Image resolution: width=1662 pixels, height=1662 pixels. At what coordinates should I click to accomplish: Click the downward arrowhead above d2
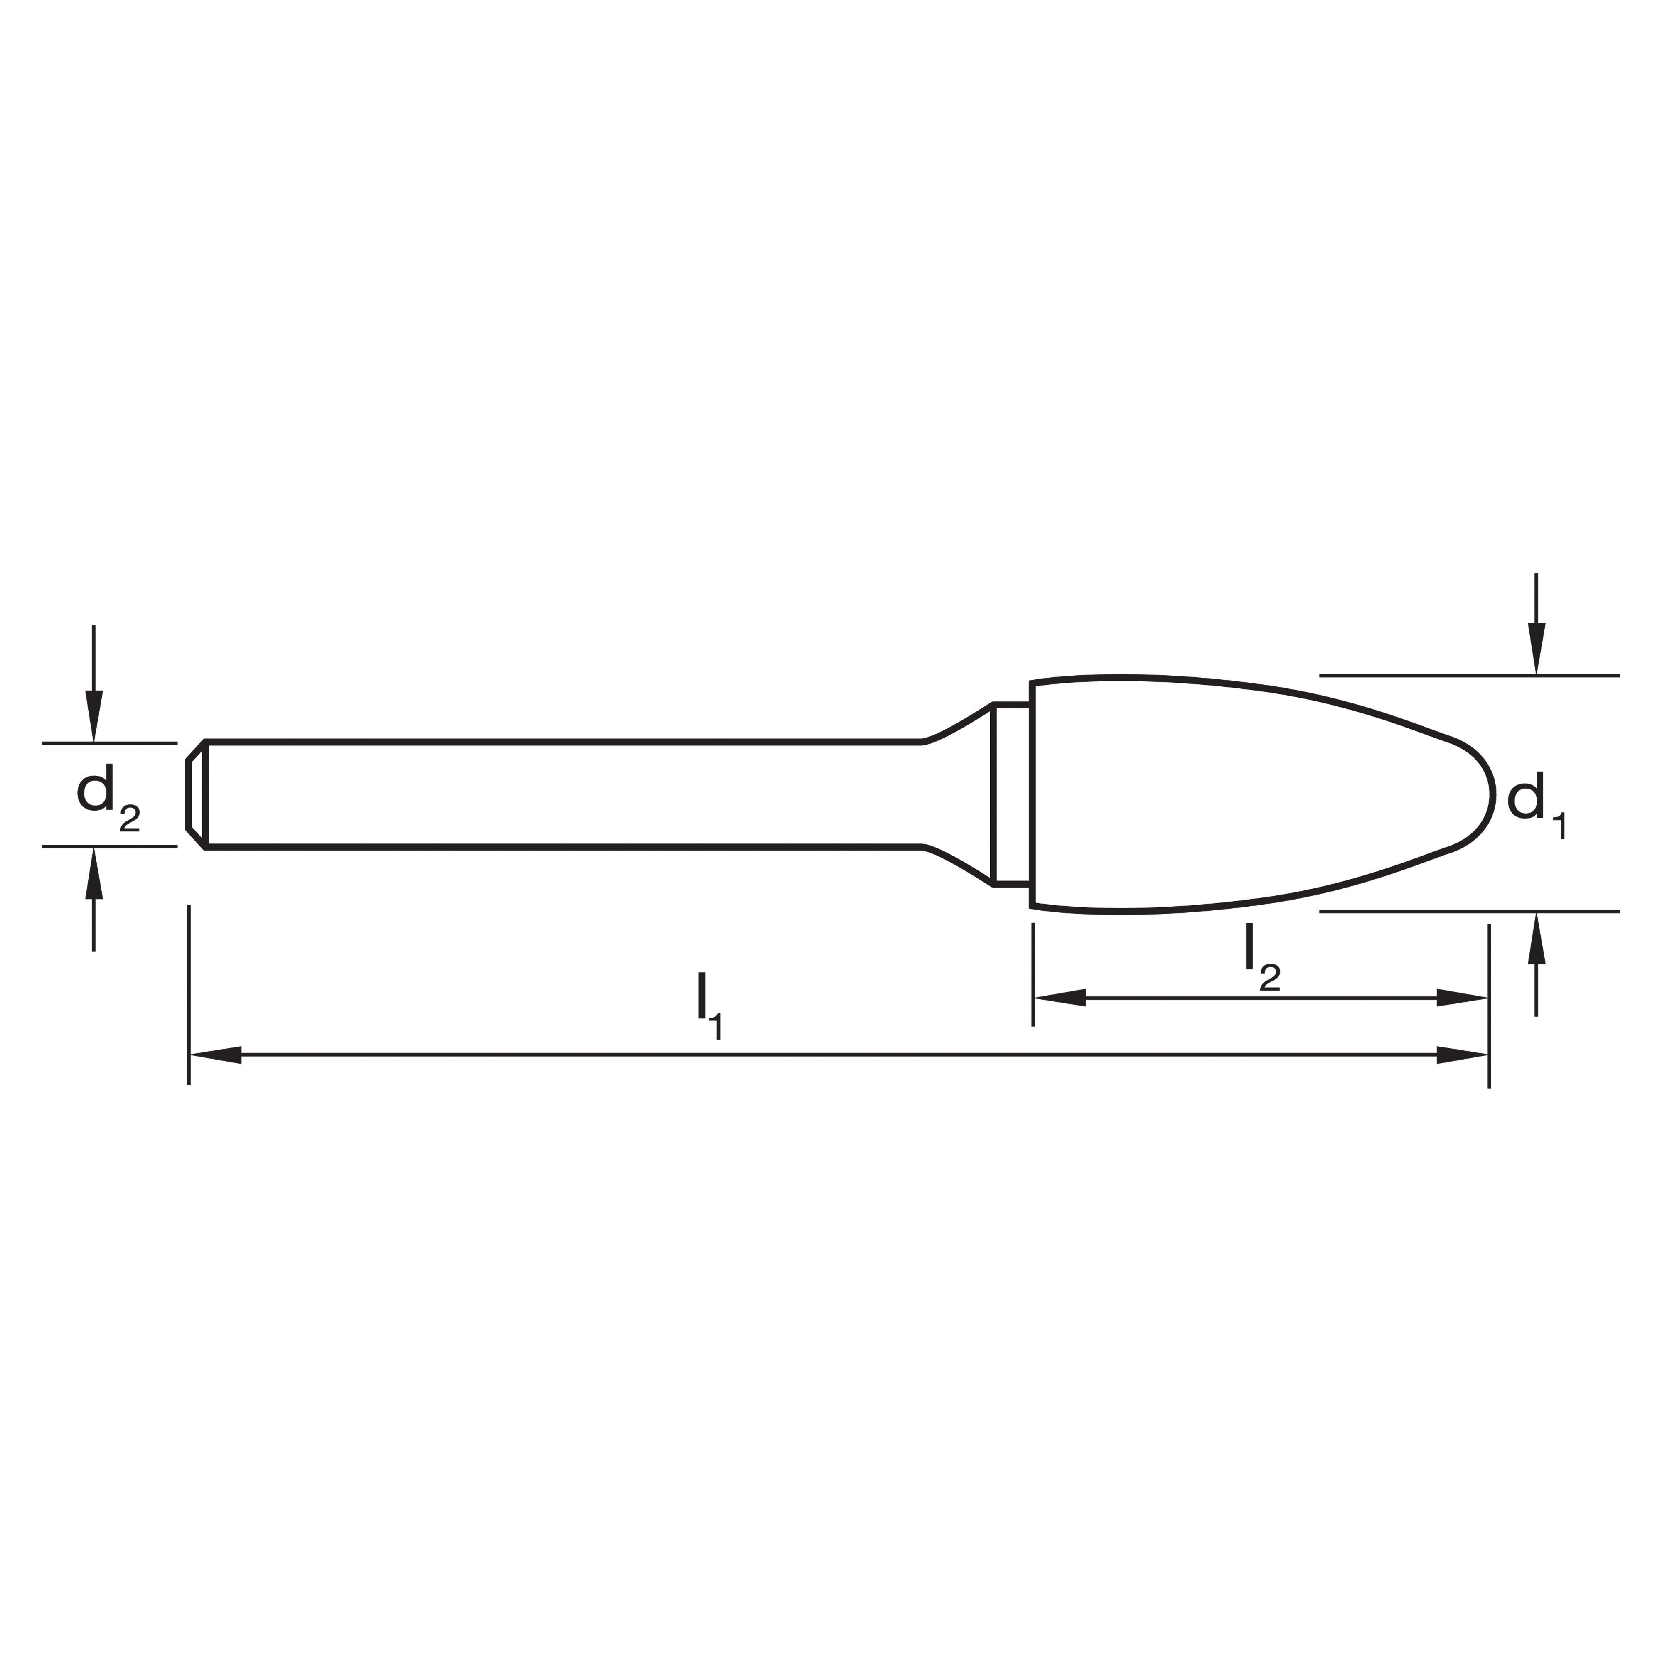(x=94, y=716)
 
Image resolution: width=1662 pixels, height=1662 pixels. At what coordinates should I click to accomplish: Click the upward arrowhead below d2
(x=94, y=873)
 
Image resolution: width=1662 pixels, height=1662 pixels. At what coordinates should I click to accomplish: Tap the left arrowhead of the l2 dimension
(x=1060, y=998)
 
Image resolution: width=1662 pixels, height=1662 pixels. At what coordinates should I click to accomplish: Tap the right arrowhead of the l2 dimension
(x=1463, y=998)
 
